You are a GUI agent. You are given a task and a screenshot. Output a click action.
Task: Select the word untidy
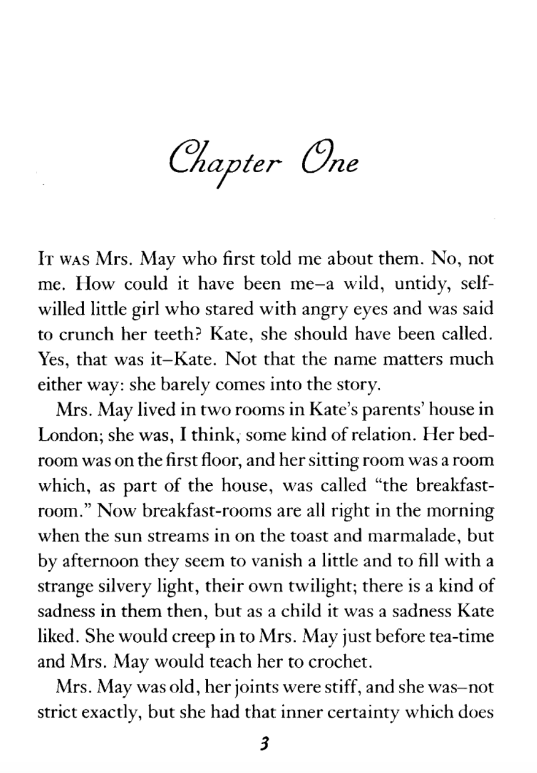[422, 283]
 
